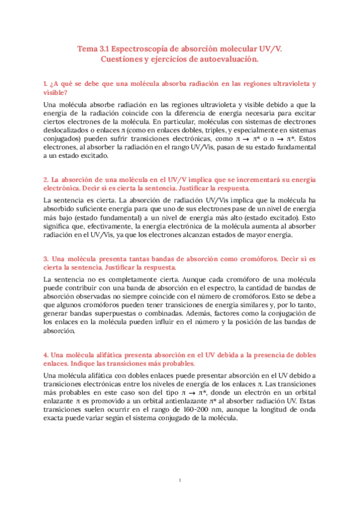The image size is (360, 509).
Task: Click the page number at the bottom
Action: click(180, 480)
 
